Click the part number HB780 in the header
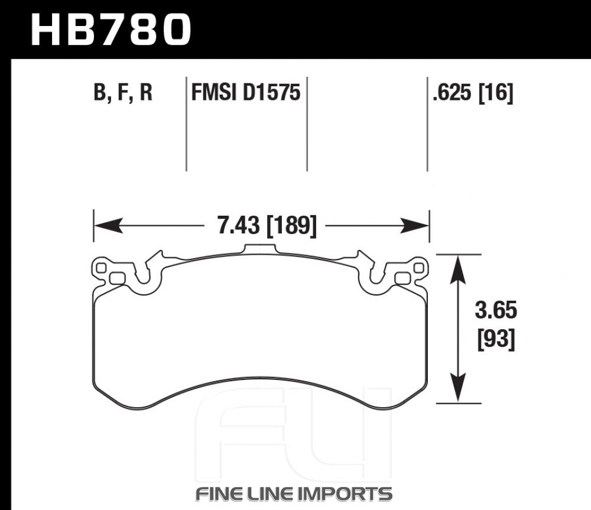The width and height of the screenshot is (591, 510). coord(111,30)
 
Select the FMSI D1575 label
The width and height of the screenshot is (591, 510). coord(246,92)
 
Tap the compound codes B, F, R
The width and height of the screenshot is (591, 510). coord(123,93)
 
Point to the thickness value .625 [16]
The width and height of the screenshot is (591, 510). coord(473,93)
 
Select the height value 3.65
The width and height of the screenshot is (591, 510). coord(496,311)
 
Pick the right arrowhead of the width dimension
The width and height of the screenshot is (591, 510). coord(415,225)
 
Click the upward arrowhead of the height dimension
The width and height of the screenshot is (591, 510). coord(458,269)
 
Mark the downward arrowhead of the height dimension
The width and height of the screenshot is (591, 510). coord(458,388)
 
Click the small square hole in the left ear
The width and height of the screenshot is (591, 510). coord(101,268)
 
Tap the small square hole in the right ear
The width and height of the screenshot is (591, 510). coord(418,268)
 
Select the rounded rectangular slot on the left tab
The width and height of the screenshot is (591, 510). coord(117,278)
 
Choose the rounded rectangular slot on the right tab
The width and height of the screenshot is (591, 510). coord(402,278)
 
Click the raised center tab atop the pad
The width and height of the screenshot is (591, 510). coord(260,249)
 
